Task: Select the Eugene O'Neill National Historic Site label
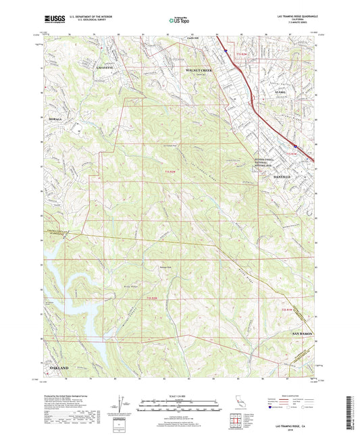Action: (x=266, y=163)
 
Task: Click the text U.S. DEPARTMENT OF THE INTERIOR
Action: (x=86, y=18)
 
